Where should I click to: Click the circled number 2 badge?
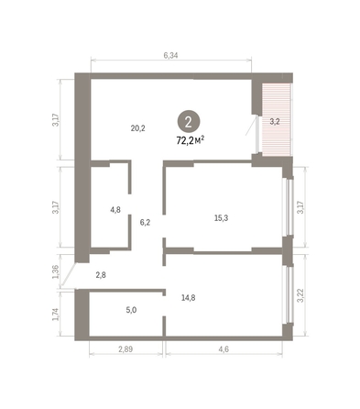click(x=189, y=122)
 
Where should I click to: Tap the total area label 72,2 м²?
click(x=191, y=140)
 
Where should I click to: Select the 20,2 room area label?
click(x=138, y=128)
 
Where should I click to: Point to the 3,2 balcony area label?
click(x=275, y=121)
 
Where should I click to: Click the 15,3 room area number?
click(x=222, y=218)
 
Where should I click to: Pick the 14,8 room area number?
click(x=189, y=297)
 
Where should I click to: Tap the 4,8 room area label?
click(x=115, y=210)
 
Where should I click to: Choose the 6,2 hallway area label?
click(x=145, y=223)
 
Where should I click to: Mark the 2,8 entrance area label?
click(x=101, y=275)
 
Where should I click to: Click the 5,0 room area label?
click(x=131, y=310)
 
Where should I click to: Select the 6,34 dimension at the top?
click(x=170, y=55)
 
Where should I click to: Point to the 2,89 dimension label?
click(x=125, y=349)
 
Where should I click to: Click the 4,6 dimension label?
click(x=224, y=349)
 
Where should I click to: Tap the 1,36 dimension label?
click(x=55, y=271)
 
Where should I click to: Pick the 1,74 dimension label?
click(x=55, y=314)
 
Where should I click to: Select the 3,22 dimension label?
click(x=300, y=295)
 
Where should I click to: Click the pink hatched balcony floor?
click(x=276, y=119)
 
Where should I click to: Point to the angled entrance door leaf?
click(x=68, y=275)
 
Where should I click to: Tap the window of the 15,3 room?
click(x=289, y=207)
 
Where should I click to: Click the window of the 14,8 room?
click(x=289, y=294)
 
